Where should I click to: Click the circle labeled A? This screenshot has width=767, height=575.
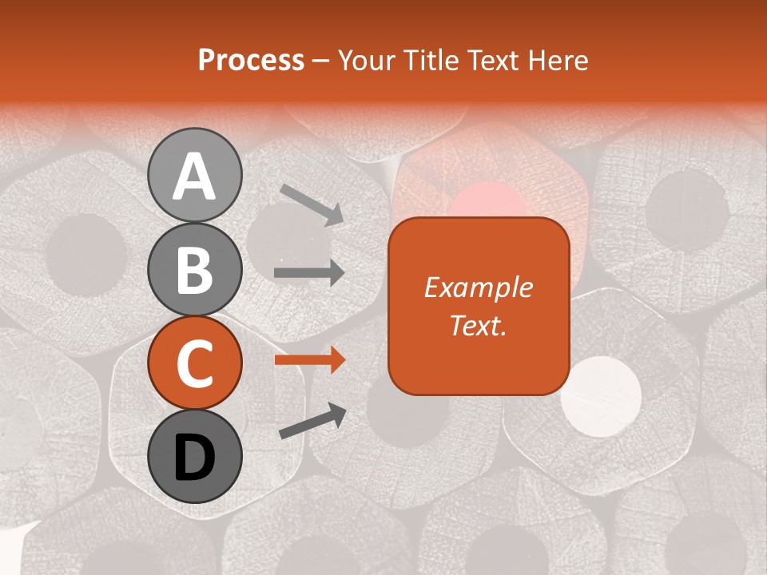point(194,175)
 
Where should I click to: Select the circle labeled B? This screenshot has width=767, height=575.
point(194,269)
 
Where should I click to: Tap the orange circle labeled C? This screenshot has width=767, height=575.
point(194,363)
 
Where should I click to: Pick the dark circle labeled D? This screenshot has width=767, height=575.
point(194,457)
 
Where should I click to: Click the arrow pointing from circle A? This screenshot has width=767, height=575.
point(312,204)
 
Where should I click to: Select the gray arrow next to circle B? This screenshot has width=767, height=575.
point(309,273)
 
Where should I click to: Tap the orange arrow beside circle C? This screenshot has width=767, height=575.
point(309,360)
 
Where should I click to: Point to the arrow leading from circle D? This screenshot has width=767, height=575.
point(312,421)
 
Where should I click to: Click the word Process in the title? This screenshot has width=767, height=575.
point(251,60)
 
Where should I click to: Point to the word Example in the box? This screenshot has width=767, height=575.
point(478,287)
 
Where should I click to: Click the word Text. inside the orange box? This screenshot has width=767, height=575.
point(478,326)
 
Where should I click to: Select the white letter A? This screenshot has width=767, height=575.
point(194,176)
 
